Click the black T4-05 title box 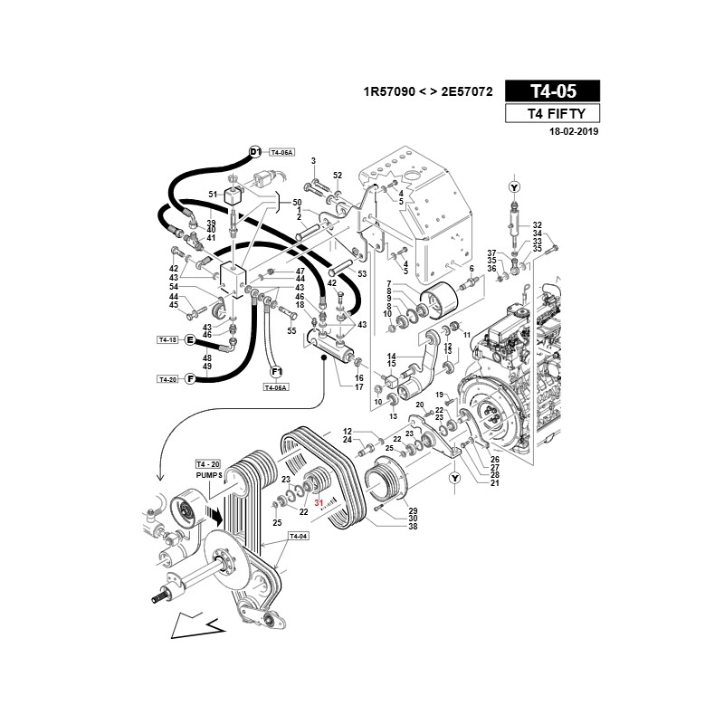552,91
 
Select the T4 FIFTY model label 552,114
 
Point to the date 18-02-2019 574,131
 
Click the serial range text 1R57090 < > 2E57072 428,92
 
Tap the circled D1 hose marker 255,151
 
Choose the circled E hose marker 190,340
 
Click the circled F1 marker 276,372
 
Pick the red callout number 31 319,502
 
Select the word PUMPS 209,475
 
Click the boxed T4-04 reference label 299,536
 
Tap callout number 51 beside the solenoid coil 213,195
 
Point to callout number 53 362,274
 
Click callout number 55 291,330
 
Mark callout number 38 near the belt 413,526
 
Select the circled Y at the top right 514,187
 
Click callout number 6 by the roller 472,269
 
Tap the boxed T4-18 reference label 167,340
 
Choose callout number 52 338,176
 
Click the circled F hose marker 190,379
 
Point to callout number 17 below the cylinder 358,387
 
